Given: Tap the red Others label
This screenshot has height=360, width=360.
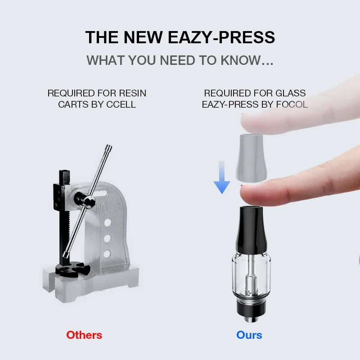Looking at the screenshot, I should [x=84, y=335].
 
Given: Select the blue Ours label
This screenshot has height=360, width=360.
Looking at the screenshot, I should [x=249, y=335].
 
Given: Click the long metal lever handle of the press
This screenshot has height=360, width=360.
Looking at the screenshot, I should [x=90, y=203].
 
